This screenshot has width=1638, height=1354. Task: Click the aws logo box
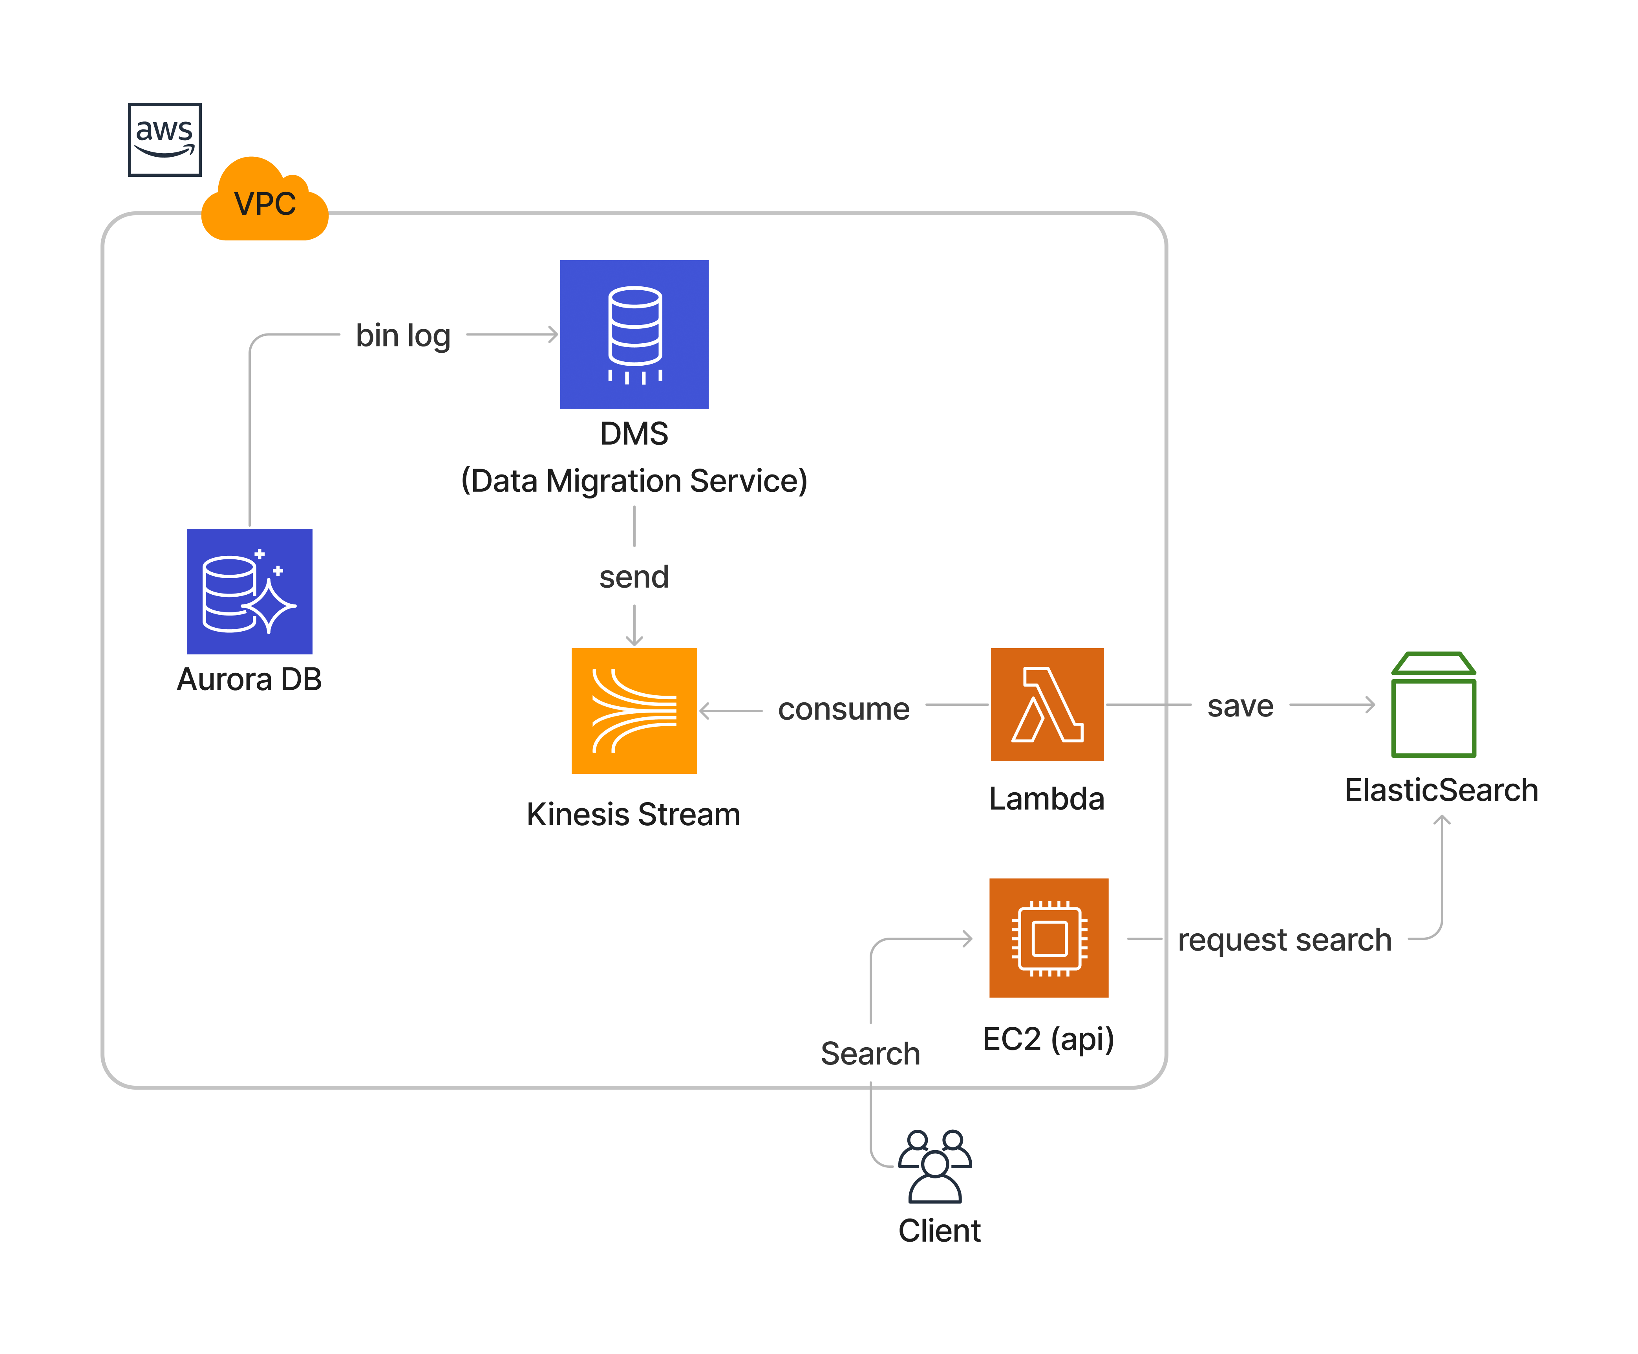click(x=165, y=139)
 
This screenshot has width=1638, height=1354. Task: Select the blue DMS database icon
click(x=634, y=334)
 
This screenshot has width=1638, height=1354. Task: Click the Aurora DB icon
click(x=249, y=591)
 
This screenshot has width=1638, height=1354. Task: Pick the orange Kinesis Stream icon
click(x=634, y=711)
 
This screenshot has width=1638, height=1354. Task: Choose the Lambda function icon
click(x=1047, y=704)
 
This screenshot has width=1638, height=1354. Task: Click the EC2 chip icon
click(x=1049, y=938)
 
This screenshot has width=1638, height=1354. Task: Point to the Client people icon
click(x=935, y=1166)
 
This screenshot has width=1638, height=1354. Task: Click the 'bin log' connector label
click(x=403, y=335)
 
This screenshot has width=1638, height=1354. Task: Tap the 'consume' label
click(x=844, y=709)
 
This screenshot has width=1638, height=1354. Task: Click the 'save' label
click(x=1240, y=706)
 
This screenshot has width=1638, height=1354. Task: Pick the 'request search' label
click(x=1284, y=940)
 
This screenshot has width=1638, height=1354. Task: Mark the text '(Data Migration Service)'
click(x=634, y=480)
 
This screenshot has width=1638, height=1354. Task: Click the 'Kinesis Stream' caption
click(x=633, y=814)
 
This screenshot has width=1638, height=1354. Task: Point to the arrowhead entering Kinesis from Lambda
click(x=704, y=711)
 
